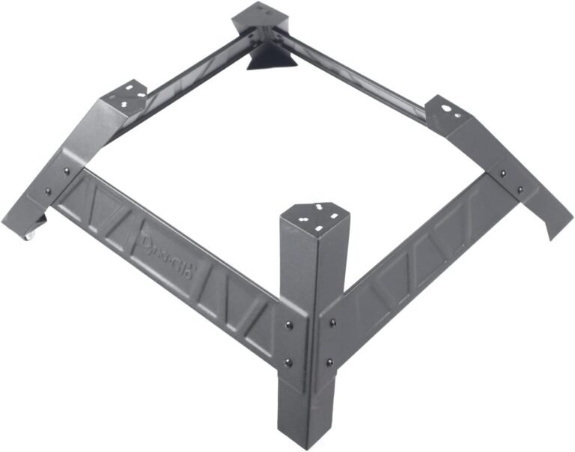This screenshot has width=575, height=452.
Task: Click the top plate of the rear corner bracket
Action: click(x=260, y=15)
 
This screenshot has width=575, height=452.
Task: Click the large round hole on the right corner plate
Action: click(x=447, y=109)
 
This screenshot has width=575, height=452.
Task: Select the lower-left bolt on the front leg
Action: click(x=289, y=362)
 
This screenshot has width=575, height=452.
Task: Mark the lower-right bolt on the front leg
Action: click(x=329, y=363)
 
